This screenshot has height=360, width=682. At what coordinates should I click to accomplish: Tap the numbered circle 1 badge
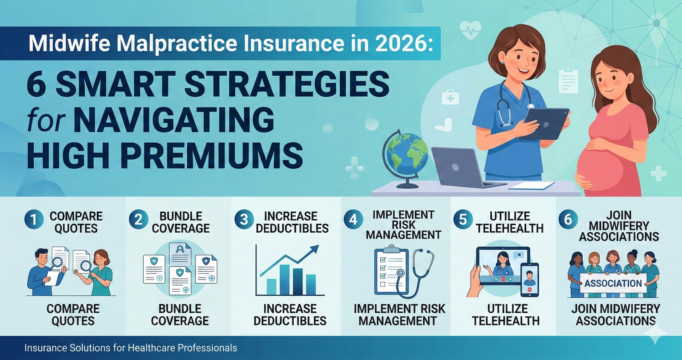[x=34, y=220]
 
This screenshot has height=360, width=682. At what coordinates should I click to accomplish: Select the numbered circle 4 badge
[x=353, y=220]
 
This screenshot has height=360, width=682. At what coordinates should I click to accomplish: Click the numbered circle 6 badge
[x=568, y=220]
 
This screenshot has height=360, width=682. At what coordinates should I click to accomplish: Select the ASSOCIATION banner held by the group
[x=613, y=283]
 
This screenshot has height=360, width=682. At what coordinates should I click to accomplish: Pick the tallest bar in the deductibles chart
[x=284, y=279]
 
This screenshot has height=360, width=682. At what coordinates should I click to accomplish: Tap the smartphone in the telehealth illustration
[x=529, y=279]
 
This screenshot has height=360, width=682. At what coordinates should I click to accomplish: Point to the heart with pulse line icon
[x=471, y=30]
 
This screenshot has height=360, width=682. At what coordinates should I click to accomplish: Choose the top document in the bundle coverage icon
[x=180, y=253]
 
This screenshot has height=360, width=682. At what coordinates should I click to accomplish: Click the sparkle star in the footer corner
[x=655, y=334]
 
